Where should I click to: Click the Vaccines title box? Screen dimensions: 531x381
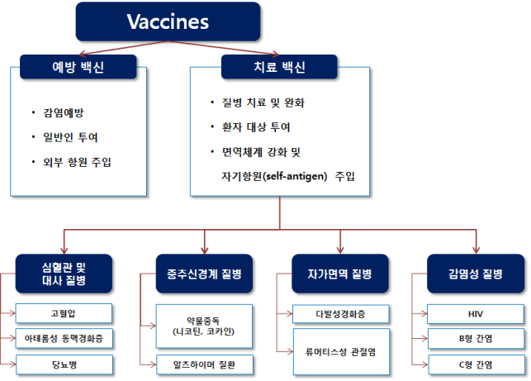tap(168, 21)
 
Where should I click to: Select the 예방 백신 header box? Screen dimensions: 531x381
tap(78, 67)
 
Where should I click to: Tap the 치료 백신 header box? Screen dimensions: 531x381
tap(279, 67)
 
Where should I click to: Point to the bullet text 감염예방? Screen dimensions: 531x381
tap(64, 112)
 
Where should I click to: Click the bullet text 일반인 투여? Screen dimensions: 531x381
tap(70, 137)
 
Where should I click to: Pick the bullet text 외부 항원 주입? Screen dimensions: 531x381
tap(77, 162)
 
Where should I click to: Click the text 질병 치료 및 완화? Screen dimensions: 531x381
tap(263, 102)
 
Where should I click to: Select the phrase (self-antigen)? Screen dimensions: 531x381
tap(295, 176)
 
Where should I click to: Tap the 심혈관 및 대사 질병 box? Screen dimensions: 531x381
tap(64, 274)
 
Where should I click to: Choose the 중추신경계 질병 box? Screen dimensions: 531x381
tap(204, 274)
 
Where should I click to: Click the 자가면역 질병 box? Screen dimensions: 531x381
tap(340, 274)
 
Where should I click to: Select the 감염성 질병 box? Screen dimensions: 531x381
tap(476, 274)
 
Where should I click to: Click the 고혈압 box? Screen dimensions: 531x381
tap(64, 313)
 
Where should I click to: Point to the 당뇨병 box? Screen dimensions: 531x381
tap(64, 364)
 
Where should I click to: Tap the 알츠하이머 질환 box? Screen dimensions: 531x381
tap(205, 364)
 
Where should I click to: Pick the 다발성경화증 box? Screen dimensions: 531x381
tap(341, 314)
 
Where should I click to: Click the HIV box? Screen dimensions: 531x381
tap(476, 314)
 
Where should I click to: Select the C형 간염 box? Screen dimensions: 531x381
tap(476, 364)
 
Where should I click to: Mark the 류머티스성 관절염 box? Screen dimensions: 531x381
tap(341, 352)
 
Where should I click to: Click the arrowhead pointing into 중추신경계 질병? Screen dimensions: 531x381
tap(204, 250)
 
